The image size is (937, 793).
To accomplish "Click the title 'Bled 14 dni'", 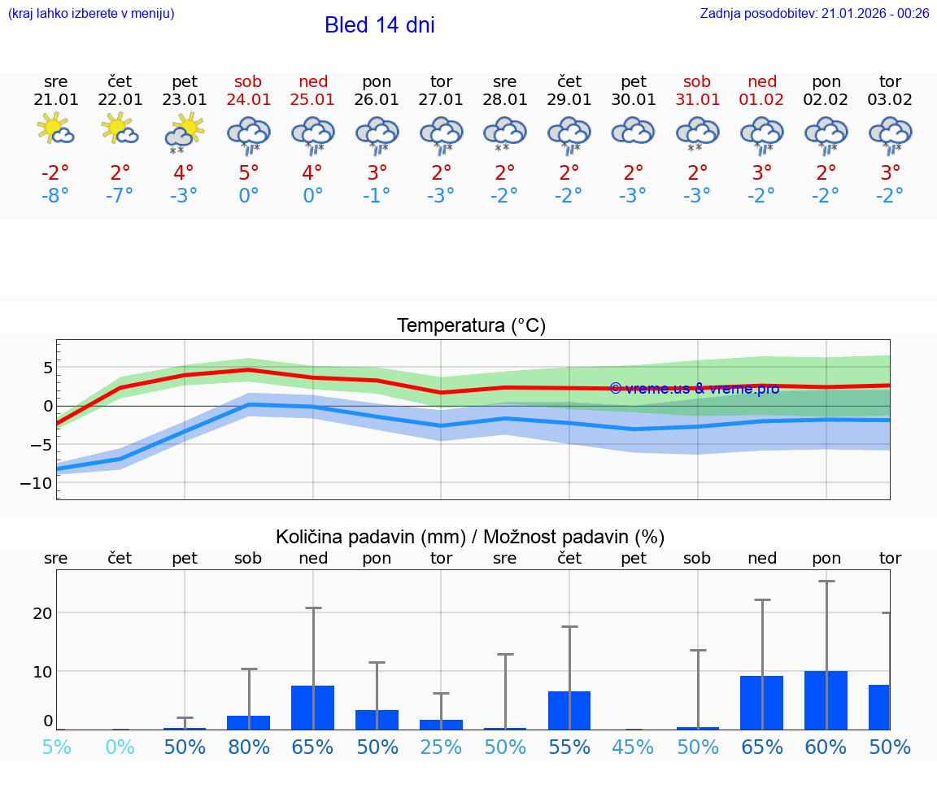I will [x=379, y=25].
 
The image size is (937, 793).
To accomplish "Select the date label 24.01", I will [x=249, y=100].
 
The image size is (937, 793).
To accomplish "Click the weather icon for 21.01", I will [x=55, y=129].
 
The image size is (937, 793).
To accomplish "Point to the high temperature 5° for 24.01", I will [x=249, y=172].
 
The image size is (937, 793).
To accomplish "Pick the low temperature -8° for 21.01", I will [x=55, y=196].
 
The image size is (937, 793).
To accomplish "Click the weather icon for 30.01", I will [x=633, y=132].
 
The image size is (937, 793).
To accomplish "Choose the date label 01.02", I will [x=762, y=100].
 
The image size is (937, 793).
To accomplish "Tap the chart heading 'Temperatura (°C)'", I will [x=471, y=326].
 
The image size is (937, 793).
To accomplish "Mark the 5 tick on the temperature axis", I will [x=47, y=368].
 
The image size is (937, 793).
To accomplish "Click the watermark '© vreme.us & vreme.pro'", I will [x=694, y=389].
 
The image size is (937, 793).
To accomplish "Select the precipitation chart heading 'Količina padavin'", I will [x=470, y=537].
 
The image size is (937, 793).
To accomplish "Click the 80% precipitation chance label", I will [x=249, y=747].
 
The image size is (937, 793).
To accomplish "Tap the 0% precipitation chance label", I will [x=120, y=747].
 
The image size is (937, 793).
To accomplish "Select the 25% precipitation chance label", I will [x=441, y=747].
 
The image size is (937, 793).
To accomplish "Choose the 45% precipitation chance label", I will [x=633, y=747].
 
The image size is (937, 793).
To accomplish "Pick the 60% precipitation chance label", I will [x=826, y=747].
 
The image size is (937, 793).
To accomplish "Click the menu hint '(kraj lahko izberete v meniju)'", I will [x=91, y=14].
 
